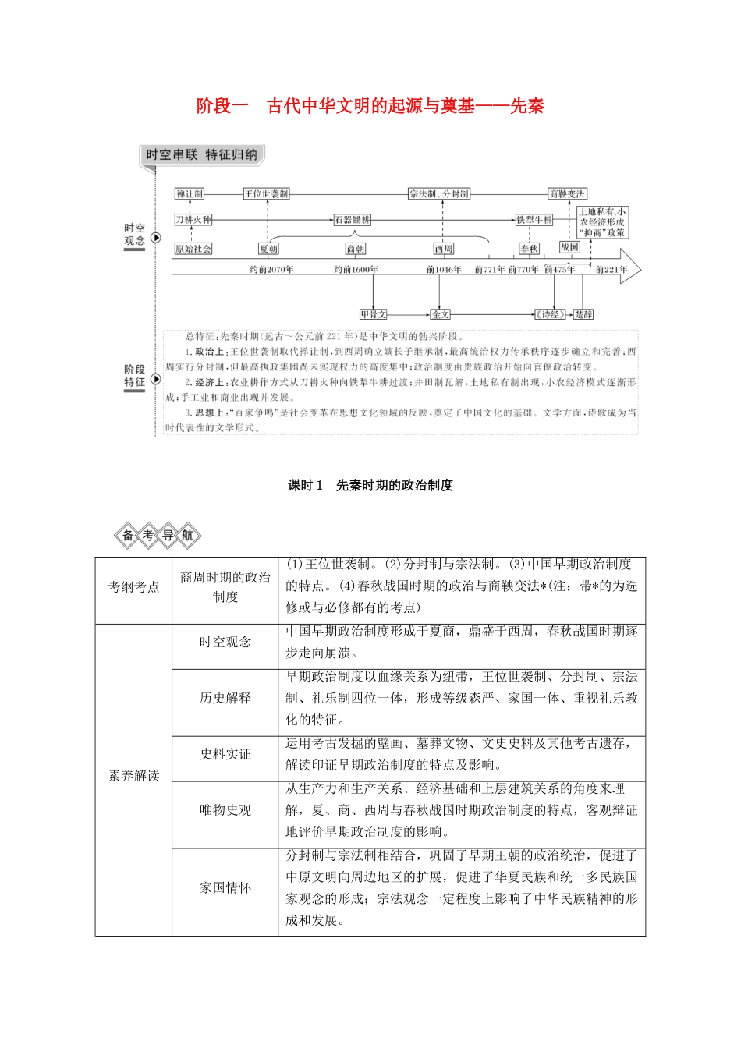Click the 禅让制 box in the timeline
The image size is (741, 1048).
190,194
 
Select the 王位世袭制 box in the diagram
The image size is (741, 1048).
266,194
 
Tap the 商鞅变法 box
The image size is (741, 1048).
567,194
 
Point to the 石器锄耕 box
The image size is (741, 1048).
353,220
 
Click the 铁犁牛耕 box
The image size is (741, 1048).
534,220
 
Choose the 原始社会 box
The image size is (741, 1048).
193,249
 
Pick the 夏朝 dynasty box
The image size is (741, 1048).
268,249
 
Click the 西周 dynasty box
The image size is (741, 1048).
444,249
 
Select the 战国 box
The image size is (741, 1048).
570,247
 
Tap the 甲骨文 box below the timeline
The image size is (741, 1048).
374,314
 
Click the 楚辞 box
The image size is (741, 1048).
583,314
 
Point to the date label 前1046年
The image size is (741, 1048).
445,270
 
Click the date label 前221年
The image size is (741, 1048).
612,270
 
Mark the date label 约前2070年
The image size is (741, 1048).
271,270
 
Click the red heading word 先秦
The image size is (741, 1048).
527,106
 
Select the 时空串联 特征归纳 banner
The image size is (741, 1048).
201,155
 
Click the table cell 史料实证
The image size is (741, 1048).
225,754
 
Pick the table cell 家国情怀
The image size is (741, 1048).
225,887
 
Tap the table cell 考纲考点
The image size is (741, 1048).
133,586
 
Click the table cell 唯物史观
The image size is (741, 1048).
225,810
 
